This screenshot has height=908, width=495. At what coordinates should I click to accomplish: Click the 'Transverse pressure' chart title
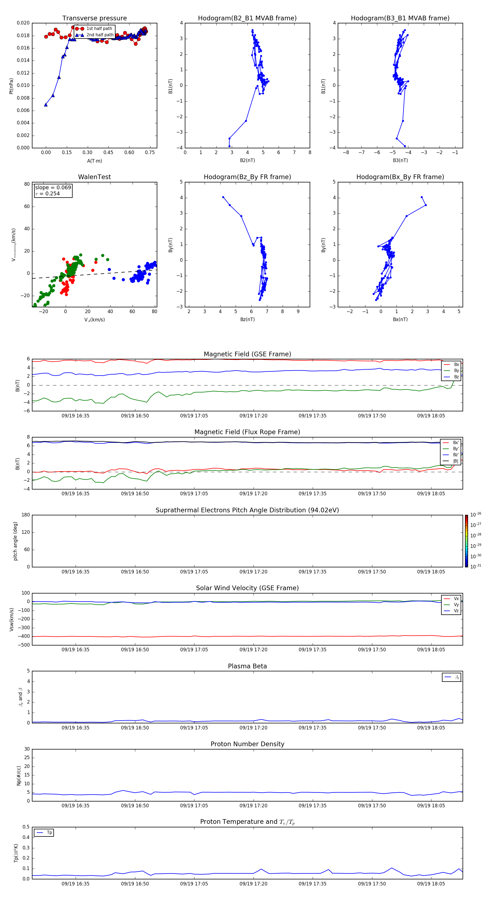94,18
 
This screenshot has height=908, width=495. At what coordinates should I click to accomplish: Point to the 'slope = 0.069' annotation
53,188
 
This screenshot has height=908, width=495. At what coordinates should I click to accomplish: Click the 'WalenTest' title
94,177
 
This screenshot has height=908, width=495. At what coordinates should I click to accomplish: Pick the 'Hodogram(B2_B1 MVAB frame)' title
247,18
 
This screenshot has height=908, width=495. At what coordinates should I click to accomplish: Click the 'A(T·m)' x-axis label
94,161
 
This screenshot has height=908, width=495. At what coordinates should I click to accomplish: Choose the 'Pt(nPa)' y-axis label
11,86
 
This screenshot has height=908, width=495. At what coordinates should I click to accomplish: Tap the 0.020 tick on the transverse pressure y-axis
23,23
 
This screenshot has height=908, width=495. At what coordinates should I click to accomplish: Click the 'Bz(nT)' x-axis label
247,319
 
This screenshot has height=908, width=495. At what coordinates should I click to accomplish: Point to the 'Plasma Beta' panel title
247,666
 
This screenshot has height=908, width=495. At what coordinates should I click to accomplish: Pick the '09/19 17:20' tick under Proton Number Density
253,805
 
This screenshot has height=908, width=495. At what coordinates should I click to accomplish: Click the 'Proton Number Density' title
247,744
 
